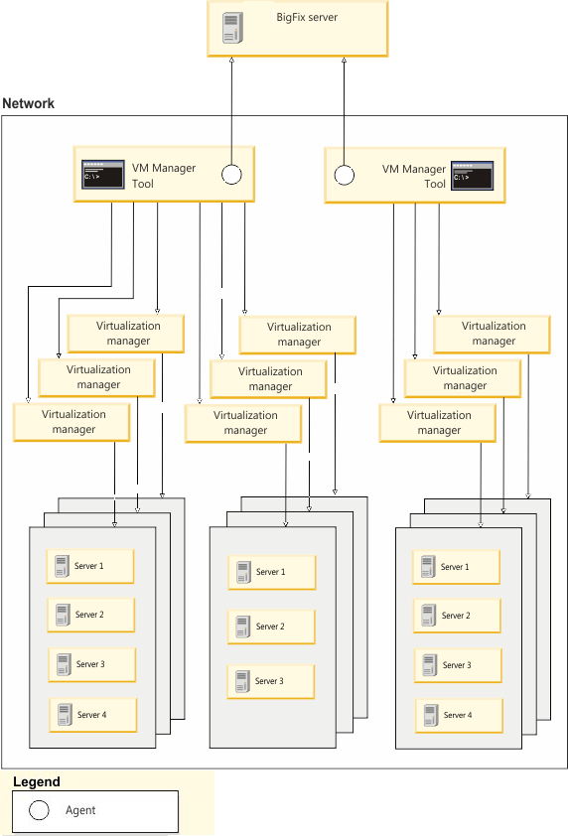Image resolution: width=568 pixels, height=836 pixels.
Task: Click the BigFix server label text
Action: pyautogui.click(x=308, y=17)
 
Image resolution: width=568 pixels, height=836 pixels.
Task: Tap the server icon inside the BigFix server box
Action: pyautogui.click(x=232, y=28)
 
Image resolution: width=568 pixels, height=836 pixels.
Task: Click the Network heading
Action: pyautogui.click(x=29, y=103)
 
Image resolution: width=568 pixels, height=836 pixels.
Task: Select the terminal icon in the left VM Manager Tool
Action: pyautogui.click(x=102, y=175)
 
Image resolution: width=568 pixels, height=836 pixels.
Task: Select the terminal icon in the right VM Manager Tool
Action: pyautogui.click(x=472, y=175)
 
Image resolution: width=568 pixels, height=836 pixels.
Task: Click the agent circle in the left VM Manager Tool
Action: pyautogui.click(x=231, y=175)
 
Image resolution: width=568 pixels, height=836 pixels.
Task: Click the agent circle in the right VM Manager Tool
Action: pyautogui.click(x=345, y=175)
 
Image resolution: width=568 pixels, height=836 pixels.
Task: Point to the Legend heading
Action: pyautogui.click(x=36, y=781)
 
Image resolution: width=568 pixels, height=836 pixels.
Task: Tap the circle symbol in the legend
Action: pyautogui.click(x=39, y=810)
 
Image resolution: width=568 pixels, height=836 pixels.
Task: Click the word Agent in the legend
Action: pyautogui.click(x=80, y=810)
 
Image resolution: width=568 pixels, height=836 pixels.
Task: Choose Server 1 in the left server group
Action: pyautogui.click(x=90, y=566)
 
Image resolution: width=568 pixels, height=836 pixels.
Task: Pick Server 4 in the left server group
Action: pyautogui.click(x=91, y=715)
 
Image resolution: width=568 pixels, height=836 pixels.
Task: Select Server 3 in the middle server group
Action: pyautogui.click(x=271, y=681)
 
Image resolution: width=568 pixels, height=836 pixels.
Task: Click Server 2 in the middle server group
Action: pyautogui.click(x=271, y=627)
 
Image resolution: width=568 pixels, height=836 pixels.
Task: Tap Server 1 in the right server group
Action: pyautogui.click(x=456, y=567)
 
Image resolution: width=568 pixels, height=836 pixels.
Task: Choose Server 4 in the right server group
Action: pyautogui.click(x=459, y=715)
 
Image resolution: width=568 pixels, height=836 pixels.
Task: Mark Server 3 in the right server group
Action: pyautogui.click(x=456, y=665)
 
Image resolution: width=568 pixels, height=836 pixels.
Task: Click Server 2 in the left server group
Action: pyautogui.click(x=90, y=615)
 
